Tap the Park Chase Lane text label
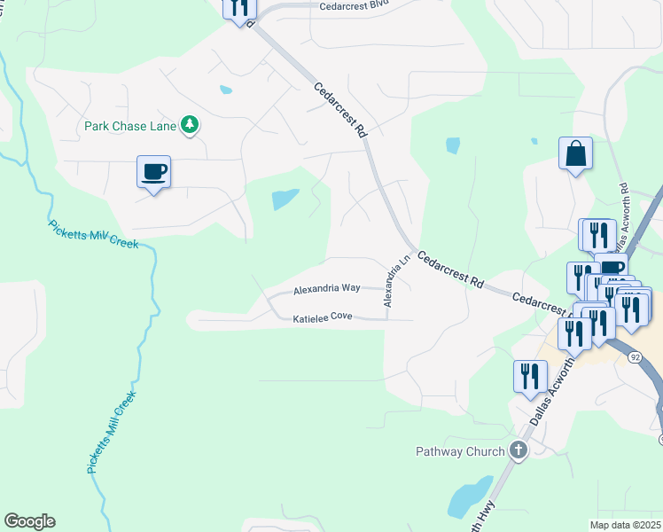(130, 126)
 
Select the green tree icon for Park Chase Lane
(189, 125)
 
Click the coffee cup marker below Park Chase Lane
(153, 171)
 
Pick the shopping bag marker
(575, 154)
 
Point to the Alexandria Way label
(327, 289)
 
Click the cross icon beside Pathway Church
(519, 450)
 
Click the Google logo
(29, 521)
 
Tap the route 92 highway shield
(635, 356)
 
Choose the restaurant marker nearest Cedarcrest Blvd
(238, 8)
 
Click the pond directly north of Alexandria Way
(285, 199)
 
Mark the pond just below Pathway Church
(470, 497)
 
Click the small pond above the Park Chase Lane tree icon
(225, 90)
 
